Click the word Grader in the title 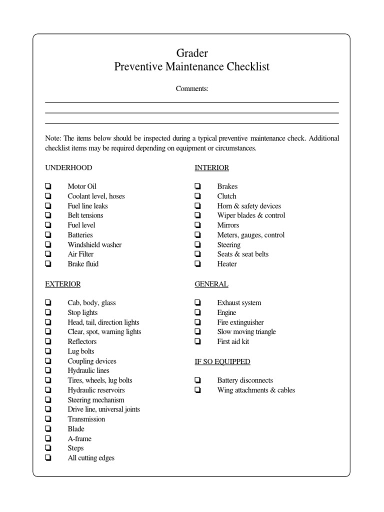click(192, 53)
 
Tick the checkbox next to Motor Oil click(48, 186)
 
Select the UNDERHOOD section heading click(68, 168)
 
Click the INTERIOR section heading click(211, 168)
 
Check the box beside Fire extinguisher click(198, 322)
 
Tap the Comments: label click(192, 89)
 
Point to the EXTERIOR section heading click(63, 284)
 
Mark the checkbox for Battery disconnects click(198, 380)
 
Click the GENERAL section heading click(211, 284)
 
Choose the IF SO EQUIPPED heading click(222, 361)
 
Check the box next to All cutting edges click(48, 458)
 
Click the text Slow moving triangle click(246, 332)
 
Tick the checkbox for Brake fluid click(48, 264)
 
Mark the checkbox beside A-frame click(48, 438)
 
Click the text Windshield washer click(94, 244)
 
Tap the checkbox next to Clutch click(198, 196)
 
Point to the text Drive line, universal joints click(104, 409)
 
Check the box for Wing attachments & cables click(198, 390)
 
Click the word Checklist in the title click(245, 67)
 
